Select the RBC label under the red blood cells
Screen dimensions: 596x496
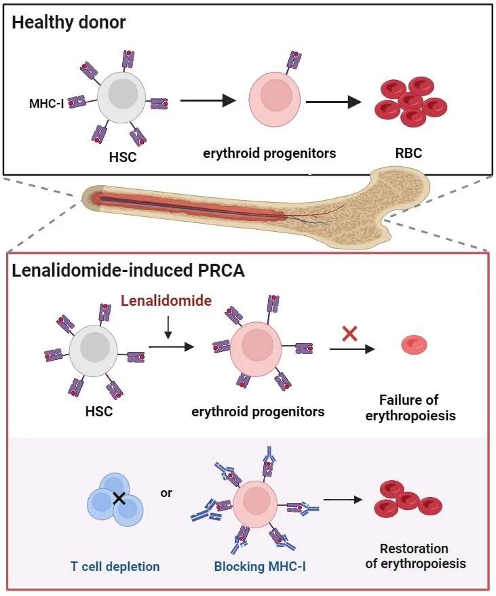click(x=408, y=153)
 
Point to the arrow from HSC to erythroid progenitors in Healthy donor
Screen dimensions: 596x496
click(x=208, y=101)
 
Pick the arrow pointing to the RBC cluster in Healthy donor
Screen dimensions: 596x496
click(x=334, y=102)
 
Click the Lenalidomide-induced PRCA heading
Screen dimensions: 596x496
click(x=128, y=270)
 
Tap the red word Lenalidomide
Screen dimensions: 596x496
click(x=166, y=300)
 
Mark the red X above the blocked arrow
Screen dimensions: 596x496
click(x=350, y=332)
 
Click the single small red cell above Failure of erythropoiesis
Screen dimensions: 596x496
click(x=414, y=345)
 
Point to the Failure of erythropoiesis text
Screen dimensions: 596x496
click(x=411, y=408)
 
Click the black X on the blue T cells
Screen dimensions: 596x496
click(x=119, y=499)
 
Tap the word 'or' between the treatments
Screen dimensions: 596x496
click(x=166, y=493)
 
